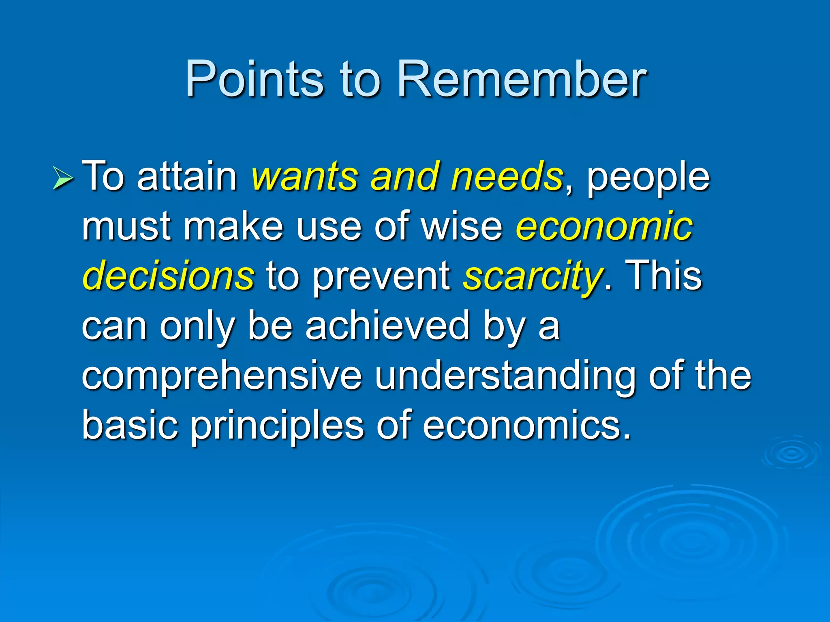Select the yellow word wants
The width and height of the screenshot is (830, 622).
(304, 177)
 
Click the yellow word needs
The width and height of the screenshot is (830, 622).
(507, 177)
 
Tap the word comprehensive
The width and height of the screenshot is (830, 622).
(221, 377)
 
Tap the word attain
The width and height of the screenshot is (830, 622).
(187, 177)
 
